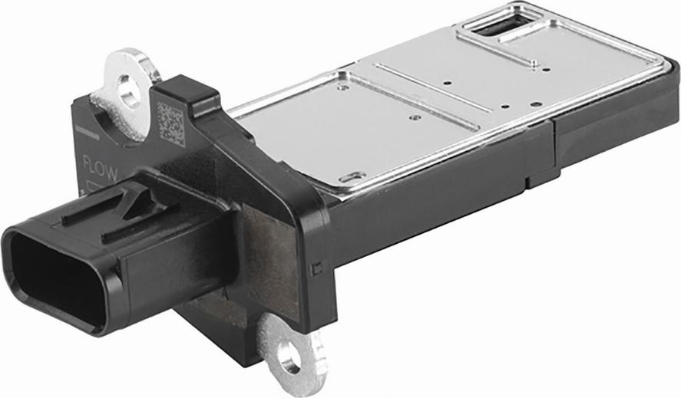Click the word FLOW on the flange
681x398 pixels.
100,169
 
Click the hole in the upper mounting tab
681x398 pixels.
128,90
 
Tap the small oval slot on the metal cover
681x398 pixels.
352,176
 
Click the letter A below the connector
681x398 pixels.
224,292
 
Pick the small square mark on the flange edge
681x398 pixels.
316,268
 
